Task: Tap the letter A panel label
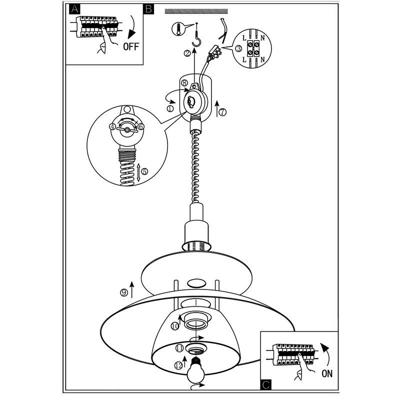click(74, 9)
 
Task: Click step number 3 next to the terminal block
click(238, 48)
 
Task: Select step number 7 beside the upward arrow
click(222, 112)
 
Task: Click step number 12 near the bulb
click(179, 365)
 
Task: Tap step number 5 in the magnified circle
click(144, 171)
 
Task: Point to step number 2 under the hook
click(187, 53)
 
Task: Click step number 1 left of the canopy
click(170, 108)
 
